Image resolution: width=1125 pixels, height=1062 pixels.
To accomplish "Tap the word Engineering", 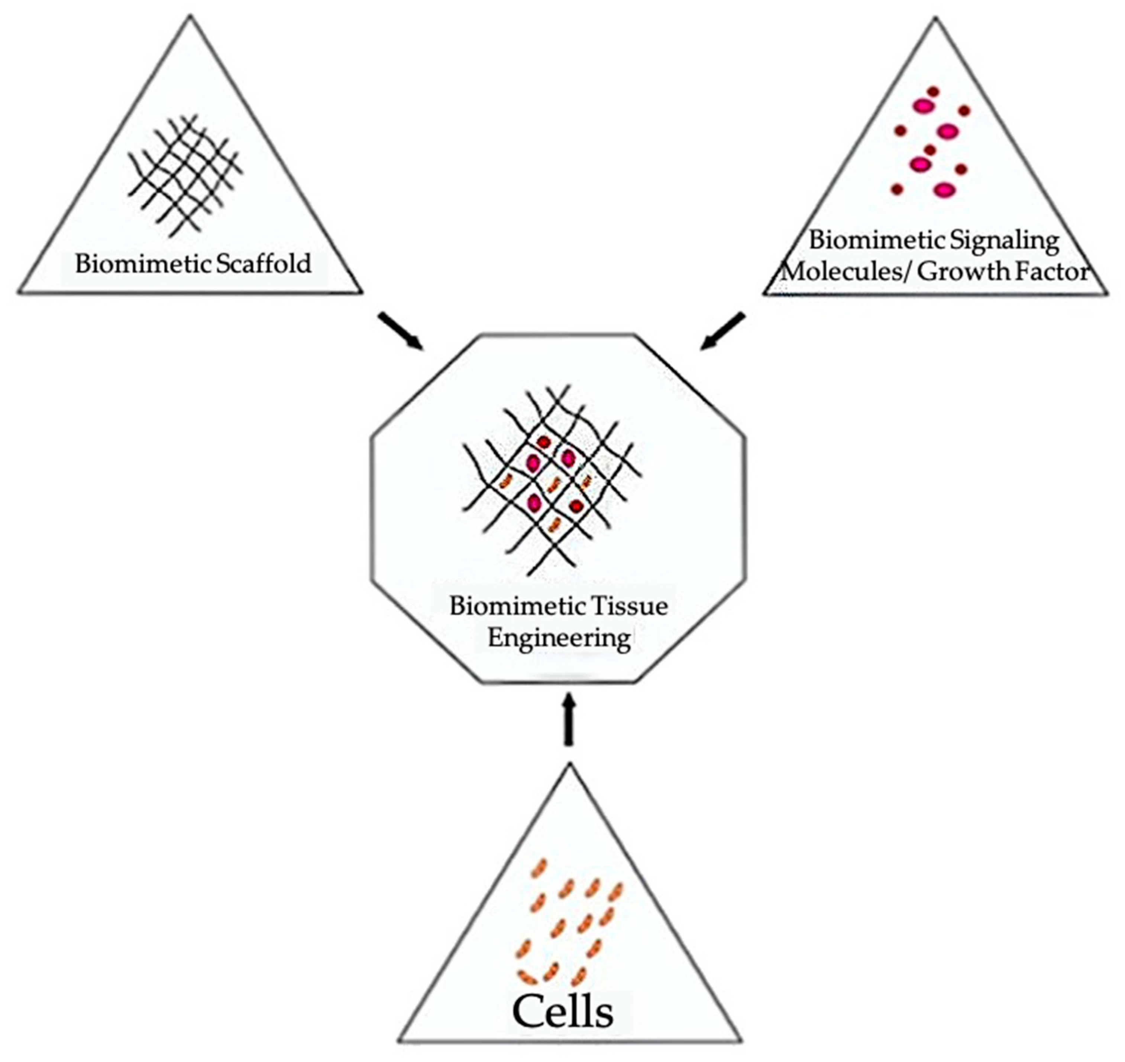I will click(559, 638).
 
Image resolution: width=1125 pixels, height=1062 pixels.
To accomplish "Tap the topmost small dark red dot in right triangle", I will click(933, 91).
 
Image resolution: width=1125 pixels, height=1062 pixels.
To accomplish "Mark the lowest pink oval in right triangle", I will click(944, 190).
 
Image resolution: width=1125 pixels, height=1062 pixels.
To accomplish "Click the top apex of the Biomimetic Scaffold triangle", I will click(190, 17).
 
